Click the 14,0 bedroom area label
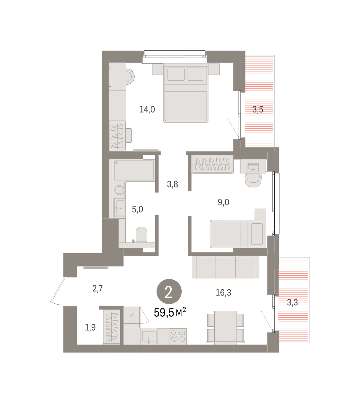tap(147, 109)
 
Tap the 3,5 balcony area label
tap(258, 109)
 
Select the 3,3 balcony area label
tap(292, 303)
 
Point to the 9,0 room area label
tap(223, 202)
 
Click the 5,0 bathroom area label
tap(137, 210)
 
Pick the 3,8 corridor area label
tap(172, 184)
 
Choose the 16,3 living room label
tap(223, 293)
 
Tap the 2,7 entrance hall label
tap(98, 288)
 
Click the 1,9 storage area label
tap(90, 328)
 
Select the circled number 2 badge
tap(169, 292)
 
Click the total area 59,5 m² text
tap(170, 313)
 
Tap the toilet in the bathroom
tap(141, 235)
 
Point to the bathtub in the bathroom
tap(134, 170)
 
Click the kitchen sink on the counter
tap(148, 337)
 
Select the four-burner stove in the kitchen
tap(178, 337)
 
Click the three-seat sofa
tap(226, 267)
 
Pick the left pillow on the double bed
tap(176, 74)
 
